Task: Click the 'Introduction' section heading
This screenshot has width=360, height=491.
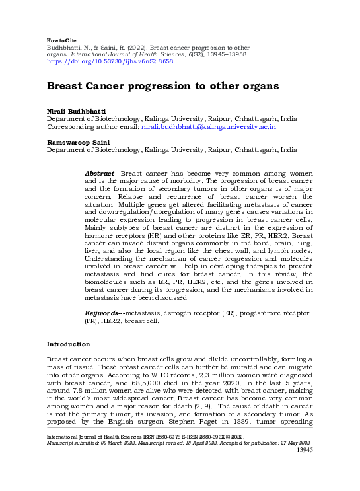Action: coord(68,344)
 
